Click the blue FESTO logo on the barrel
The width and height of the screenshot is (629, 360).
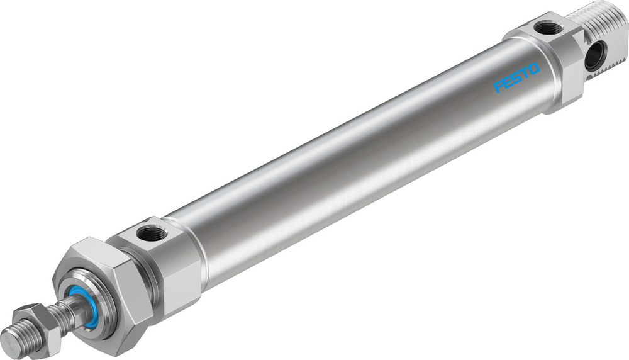516,77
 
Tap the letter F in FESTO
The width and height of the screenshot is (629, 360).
498,87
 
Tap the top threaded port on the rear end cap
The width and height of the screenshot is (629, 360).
548,28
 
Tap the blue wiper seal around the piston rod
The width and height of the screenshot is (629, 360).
84,307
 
